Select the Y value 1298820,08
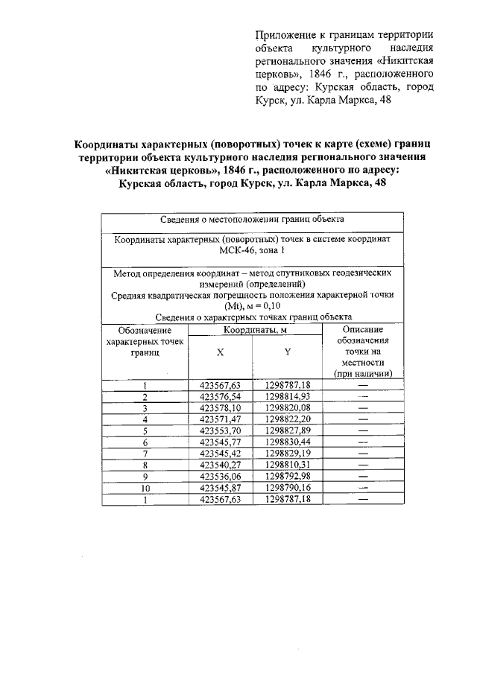point(287,408)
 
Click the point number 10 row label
point(145,488)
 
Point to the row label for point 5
point(145,430)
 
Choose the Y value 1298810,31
point(287,465)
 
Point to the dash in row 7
point(363,454)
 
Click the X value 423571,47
point(221,419)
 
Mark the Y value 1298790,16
point(287,488)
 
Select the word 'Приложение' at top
point(287,35)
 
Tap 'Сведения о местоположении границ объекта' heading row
point(252,221)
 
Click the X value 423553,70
point(221,430)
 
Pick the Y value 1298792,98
point(287,477)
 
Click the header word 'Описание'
point(363,329)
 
